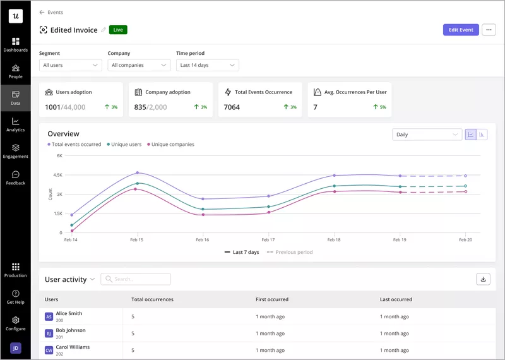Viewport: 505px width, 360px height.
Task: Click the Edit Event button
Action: (461, 30)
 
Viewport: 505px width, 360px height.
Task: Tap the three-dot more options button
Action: (489, 30)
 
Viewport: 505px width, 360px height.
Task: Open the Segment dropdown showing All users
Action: (70, 65)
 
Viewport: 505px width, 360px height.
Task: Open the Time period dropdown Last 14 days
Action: (207, 65)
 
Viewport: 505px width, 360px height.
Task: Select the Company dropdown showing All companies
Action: (139, 65)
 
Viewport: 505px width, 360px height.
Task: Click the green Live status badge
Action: (118, 30)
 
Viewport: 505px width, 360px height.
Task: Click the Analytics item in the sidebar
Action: (15, 124)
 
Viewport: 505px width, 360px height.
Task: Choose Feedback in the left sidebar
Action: (15, 177)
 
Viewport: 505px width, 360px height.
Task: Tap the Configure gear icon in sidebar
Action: (15, 320)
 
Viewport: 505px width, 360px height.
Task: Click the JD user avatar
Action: (15, 348)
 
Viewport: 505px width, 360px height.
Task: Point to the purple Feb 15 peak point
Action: (137, 172)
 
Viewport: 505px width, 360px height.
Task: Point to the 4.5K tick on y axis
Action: (57, 175)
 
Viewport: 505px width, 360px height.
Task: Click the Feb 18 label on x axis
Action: (333, 241)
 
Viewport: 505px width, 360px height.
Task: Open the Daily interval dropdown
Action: (427, 135)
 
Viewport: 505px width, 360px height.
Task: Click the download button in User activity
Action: (483, 279)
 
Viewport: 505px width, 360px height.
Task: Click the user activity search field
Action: (136, 279)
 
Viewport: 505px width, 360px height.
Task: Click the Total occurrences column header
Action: (152, 299)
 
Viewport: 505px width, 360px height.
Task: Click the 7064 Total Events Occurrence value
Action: (232, 107)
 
